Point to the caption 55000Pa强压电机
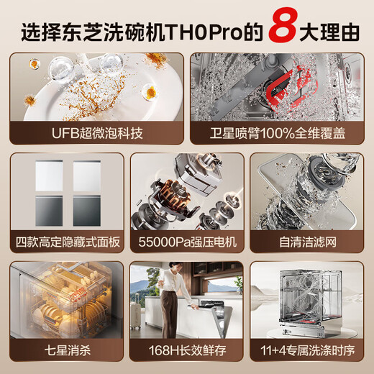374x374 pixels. pyautogui.click(x=187, y=242)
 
